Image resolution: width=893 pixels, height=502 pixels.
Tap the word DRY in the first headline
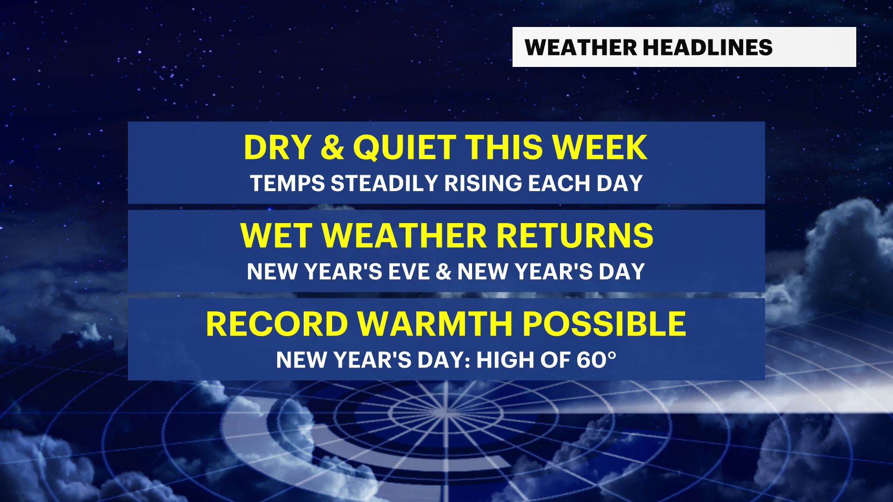pos(278,148)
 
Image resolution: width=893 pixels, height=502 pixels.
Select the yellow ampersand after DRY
pos(332,148)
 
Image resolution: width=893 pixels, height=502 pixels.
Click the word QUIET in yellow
pos(405,148)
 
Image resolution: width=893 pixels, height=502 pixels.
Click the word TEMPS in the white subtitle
pos(287,184)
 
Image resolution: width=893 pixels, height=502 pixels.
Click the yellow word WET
pos(276,236)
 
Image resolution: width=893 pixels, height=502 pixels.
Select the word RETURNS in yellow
pos(575,236)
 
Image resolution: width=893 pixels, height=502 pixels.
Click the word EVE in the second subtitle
pos(409,272)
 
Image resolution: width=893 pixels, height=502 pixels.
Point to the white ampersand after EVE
pos(444,272)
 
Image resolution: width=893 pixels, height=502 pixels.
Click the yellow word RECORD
pos(277,324)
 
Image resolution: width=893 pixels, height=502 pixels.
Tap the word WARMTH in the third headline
pos(435,324)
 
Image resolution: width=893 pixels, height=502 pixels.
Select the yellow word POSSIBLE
pos(604,324)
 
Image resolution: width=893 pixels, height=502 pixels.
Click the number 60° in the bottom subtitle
pos(596,360)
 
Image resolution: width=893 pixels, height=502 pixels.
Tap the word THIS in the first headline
pos(504,148)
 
